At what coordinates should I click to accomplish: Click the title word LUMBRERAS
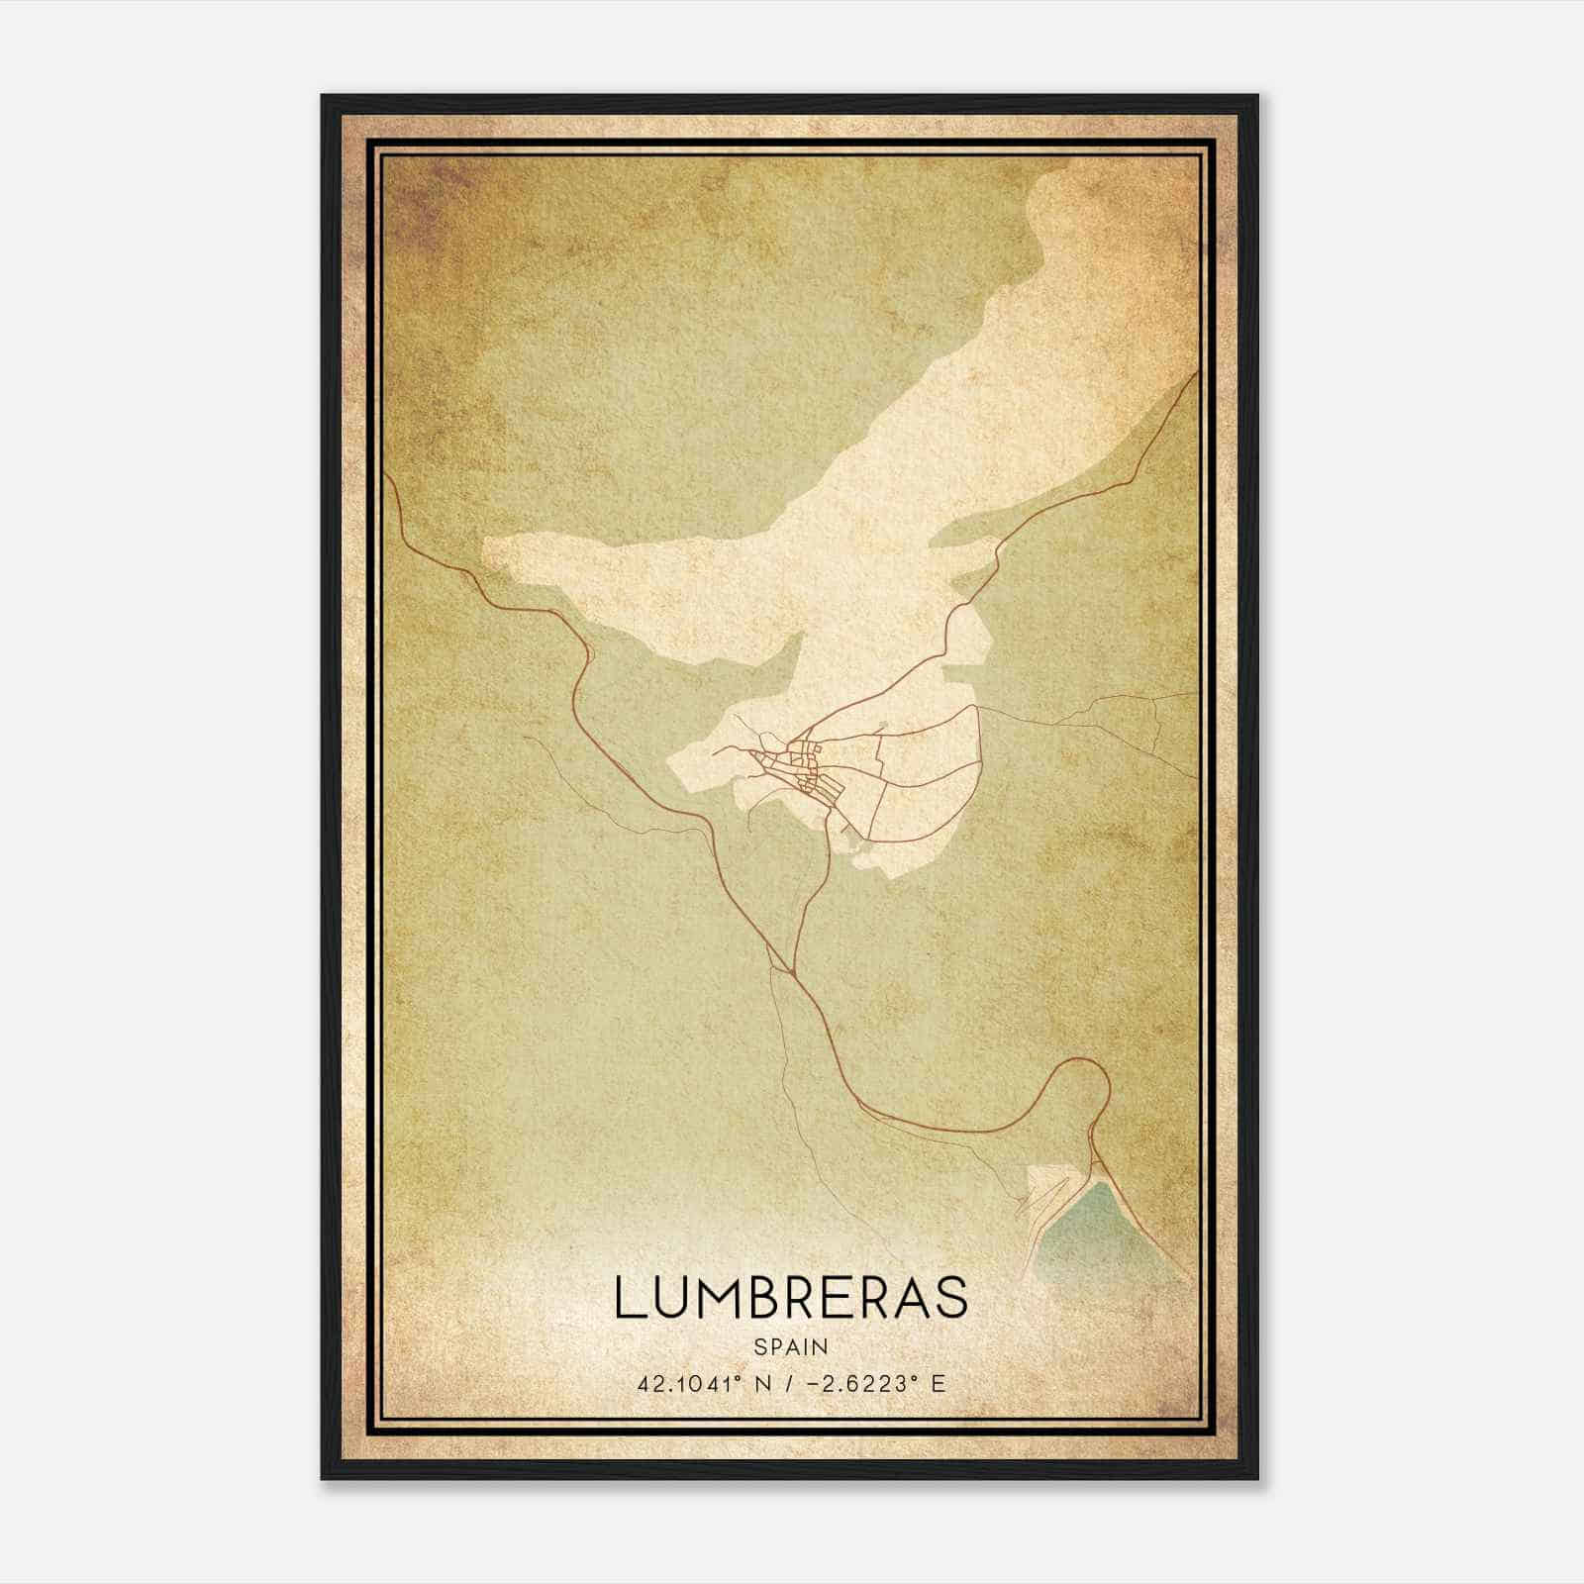[790, 1298]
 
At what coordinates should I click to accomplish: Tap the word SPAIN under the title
[791, 1347]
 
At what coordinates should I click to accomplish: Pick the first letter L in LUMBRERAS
[629, 1298]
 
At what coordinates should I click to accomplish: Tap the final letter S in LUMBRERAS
[951, 1298]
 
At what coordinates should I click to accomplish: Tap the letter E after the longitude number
[938, 1383]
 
